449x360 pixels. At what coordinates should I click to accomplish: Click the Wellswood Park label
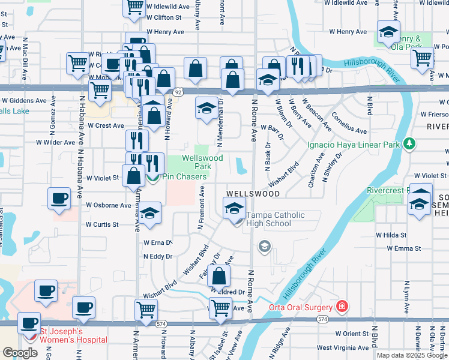pyautogui.click(x=202, y=163)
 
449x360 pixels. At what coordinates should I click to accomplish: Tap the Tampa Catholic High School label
pyautogui.click(x=276, y=220)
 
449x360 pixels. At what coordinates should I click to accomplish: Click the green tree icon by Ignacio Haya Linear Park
pyautogui.click(x=409, y=143)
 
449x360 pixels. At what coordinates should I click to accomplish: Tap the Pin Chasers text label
pyautogui.click(x=184, y=177)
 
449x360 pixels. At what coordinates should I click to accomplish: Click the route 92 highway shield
pyautogui.click(x=178, y=92)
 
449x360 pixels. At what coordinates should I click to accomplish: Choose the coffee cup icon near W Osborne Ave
pyautogui.click(x=59, y=199)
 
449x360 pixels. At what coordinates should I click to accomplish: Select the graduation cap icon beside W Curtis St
pyautogui.click(x=151, y=214)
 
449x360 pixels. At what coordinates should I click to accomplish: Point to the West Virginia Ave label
pyautogui.click(x=340, y=347)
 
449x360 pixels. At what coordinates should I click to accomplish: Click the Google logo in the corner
pyautogui.click(x=20, y=353)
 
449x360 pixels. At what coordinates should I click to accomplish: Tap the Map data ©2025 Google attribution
pyautogui.click(x=412, y=355)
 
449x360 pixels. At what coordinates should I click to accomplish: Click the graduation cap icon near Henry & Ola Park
pyautogui.click(x=388, y=31)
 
